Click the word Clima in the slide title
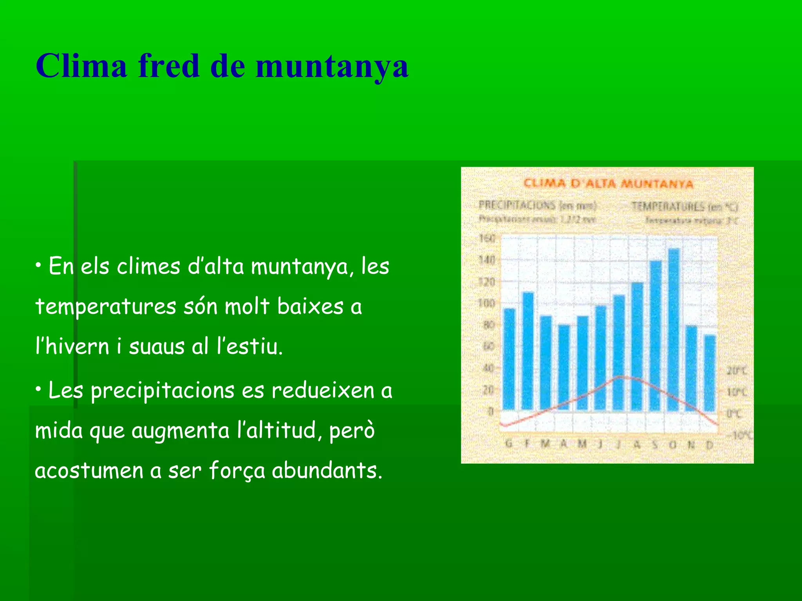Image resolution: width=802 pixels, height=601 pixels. coord(81,66)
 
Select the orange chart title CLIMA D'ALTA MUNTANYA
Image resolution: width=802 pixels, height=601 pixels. coord(608,184)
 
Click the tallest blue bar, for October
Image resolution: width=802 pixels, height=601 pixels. coord(674,329)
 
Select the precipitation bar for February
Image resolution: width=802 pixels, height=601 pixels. coord(528,351)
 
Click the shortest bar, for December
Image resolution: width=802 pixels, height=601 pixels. coord(710,372)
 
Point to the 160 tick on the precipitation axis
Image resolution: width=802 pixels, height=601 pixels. coord(487,238)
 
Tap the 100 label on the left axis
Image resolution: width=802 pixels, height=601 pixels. coord(487,303)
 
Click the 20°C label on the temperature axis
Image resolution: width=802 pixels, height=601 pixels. coord(736,370)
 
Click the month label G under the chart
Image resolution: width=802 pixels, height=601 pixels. coord(509,444)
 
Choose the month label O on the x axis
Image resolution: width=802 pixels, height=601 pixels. coord(673,444)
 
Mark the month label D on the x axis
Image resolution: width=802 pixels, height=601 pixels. coord(709,444)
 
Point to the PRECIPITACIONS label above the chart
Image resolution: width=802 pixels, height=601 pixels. coord(517,205)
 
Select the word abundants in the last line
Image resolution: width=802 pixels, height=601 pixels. coord(327,470)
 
